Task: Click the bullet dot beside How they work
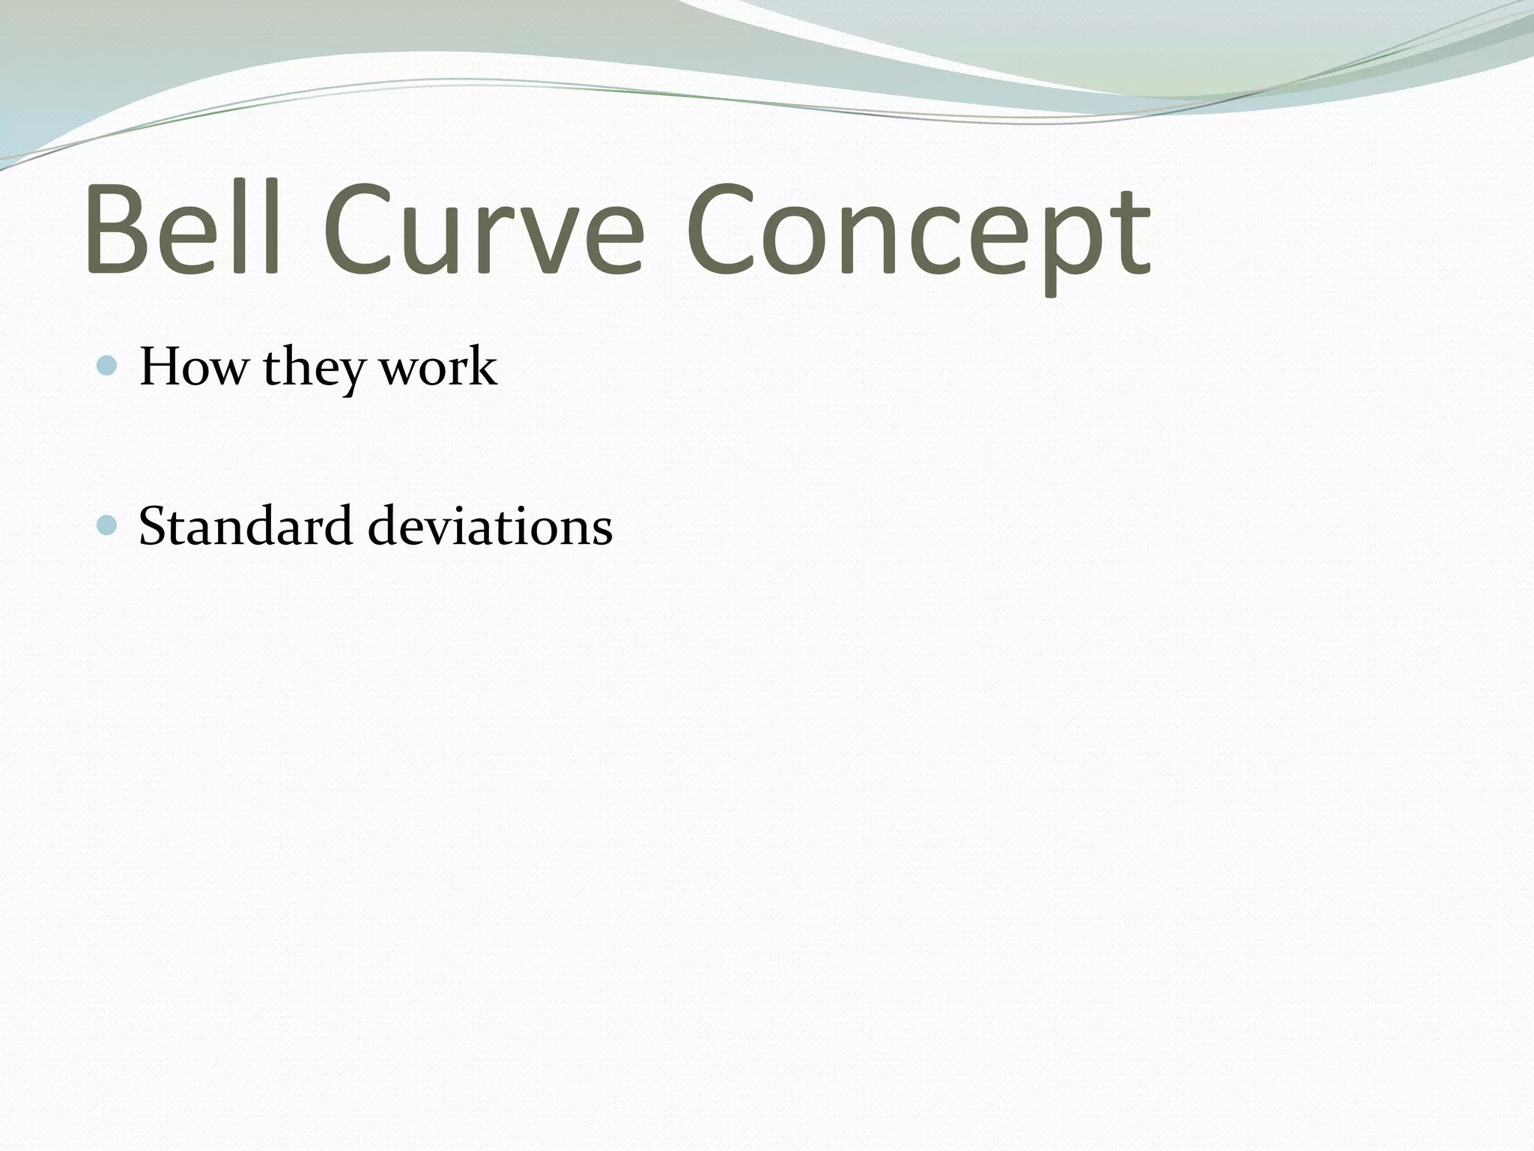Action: click(x=108, y=366)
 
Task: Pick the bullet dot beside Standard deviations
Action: click(x=108, y=525)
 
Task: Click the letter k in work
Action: click(x=483, y=366)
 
